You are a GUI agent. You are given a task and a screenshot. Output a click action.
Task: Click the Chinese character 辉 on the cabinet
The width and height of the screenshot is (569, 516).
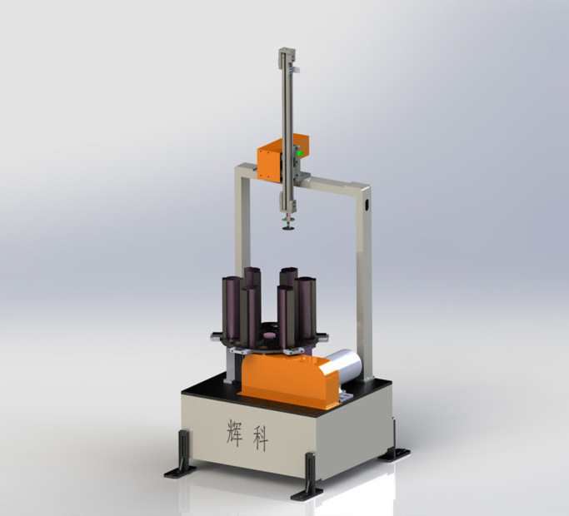234,433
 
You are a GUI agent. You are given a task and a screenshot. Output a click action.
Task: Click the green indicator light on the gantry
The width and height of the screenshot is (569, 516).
300,153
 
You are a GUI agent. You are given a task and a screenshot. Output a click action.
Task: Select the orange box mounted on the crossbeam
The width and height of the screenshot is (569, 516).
282,157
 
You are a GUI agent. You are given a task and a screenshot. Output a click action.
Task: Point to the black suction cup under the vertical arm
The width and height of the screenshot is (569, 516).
289,228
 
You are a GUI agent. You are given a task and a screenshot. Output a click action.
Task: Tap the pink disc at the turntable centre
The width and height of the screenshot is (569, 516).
270,335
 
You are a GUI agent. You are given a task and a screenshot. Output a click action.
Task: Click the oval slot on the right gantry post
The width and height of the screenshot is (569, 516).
367,205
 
